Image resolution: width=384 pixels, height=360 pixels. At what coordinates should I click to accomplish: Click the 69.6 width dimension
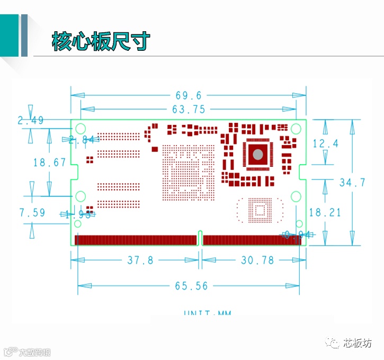pos(189,95)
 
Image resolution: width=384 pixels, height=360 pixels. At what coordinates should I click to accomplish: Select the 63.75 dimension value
pos(189,110)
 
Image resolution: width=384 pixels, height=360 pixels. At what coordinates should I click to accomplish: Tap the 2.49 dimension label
pos(31,121)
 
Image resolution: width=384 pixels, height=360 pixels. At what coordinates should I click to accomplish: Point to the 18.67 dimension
pos(50,163)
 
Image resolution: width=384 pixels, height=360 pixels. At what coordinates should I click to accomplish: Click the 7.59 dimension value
pos(32,213)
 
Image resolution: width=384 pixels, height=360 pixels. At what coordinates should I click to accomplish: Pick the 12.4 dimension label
pos(325,143)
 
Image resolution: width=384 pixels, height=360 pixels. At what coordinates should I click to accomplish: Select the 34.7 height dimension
pos(352,183)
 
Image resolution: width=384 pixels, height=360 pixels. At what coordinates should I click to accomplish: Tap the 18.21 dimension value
pos(325,212)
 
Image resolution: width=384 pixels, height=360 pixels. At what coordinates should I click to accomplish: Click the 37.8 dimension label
pos(140,260)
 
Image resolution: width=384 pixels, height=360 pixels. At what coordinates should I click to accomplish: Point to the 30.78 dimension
pos(258,260)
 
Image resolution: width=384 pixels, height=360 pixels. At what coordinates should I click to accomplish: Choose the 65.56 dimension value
pos(191,286)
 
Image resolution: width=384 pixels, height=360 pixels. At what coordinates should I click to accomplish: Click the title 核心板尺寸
pos(101,41)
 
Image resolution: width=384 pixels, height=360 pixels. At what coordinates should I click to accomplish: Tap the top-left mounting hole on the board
pos(81,128)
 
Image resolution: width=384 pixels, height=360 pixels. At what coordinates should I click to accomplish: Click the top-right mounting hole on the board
pos(297,128)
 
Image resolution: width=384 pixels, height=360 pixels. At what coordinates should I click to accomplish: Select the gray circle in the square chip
pos(257,154)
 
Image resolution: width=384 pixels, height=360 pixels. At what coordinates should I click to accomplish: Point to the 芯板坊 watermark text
pos(358,343)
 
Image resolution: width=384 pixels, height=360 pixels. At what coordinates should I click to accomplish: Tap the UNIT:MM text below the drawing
pos(208,313)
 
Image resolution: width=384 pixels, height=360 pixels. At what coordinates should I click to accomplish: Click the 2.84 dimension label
pos(81,140)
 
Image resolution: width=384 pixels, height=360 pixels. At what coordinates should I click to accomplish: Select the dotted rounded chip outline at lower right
pos(260,210)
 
